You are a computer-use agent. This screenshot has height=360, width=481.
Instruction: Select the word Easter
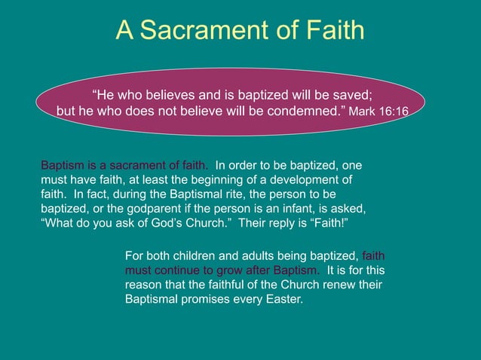coord(281,299)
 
